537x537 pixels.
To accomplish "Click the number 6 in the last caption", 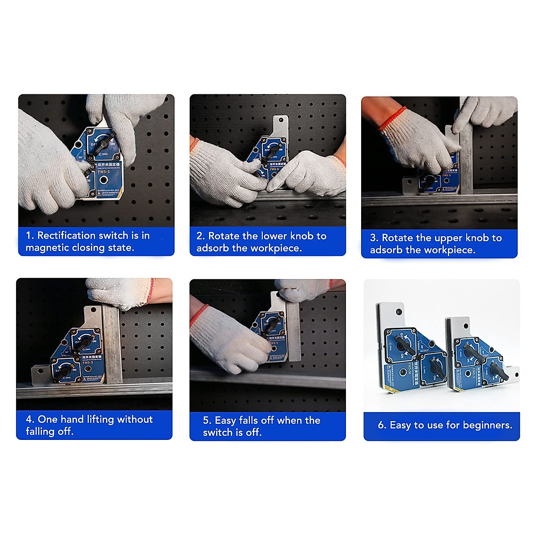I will [381, 425].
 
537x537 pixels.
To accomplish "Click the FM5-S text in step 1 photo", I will [104, 171].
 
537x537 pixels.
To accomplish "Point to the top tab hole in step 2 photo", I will [281, 120].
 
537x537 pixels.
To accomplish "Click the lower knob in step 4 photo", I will [67, 370].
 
